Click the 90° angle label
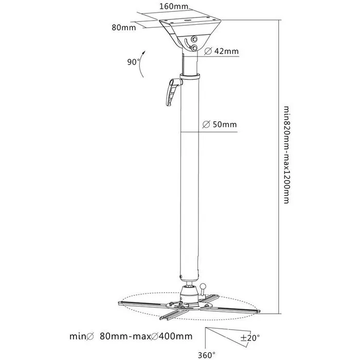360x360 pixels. [134, 62]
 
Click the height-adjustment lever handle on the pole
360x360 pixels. [171, 93]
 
